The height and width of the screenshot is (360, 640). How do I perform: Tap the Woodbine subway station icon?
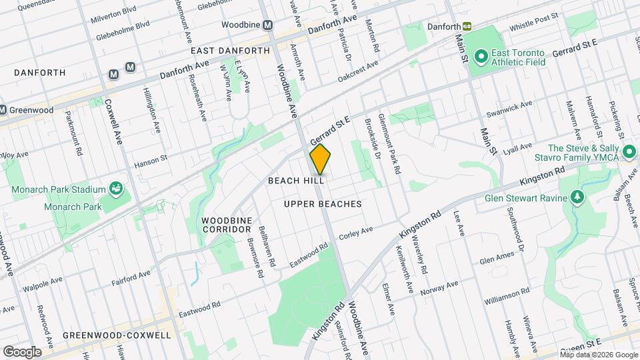point(268,25)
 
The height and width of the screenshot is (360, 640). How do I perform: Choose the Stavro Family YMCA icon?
point(628,153)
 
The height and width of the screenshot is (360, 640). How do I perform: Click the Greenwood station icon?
point(3,110)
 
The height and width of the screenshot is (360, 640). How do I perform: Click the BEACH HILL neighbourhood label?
point(296,181)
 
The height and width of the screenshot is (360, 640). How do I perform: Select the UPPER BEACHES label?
point(323,204)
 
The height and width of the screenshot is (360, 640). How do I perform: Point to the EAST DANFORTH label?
point(230,51)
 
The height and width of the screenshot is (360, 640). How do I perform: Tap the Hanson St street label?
point(149,162)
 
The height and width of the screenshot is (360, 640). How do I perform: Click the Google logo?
point(22,351)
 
